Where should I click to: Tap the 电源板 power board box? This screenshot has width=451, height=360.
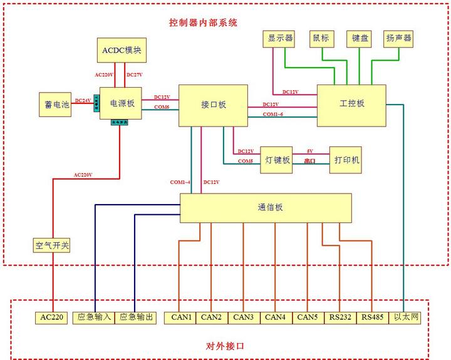click(x=122, y=103)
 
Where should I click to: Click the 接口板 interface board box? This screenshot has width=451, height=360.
click(x=213, y=105)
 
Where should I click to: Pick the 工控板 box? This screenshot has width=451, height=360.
click(x=351, y=103)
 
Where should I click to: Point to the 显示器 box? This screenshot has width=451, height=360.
click(x=281, y=38)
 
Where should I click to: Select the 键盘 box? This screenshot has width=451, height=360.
click(x=360, y=38)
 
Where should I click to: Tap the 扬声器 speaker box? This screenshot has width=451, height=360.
click(x=399, y=38)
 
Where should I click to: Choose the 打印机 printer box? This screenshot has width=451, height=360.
click(x=346, y=160)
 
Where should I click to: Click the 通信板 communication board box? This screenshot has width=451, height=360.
click(x=266, y=207)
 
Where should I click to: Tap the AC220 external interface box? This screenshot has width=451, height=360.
click(x=53, y=317)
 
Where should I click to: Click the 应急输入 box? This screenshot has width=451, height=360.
click(x=93, y=317)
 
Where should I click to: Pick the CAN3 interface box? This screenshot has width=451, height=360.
click(x=244, y=317)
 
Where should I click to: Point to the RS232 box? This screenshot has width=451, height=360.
click(x=340, y=317)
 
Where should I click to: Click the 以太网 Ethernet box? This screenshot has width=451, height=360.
click(x=405, y=317)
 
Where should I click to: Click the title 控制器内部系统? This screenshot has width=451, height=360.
click(x=204, y=23)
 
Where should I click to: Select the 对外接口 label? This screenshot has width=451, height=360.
click(x=224, y=346)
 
